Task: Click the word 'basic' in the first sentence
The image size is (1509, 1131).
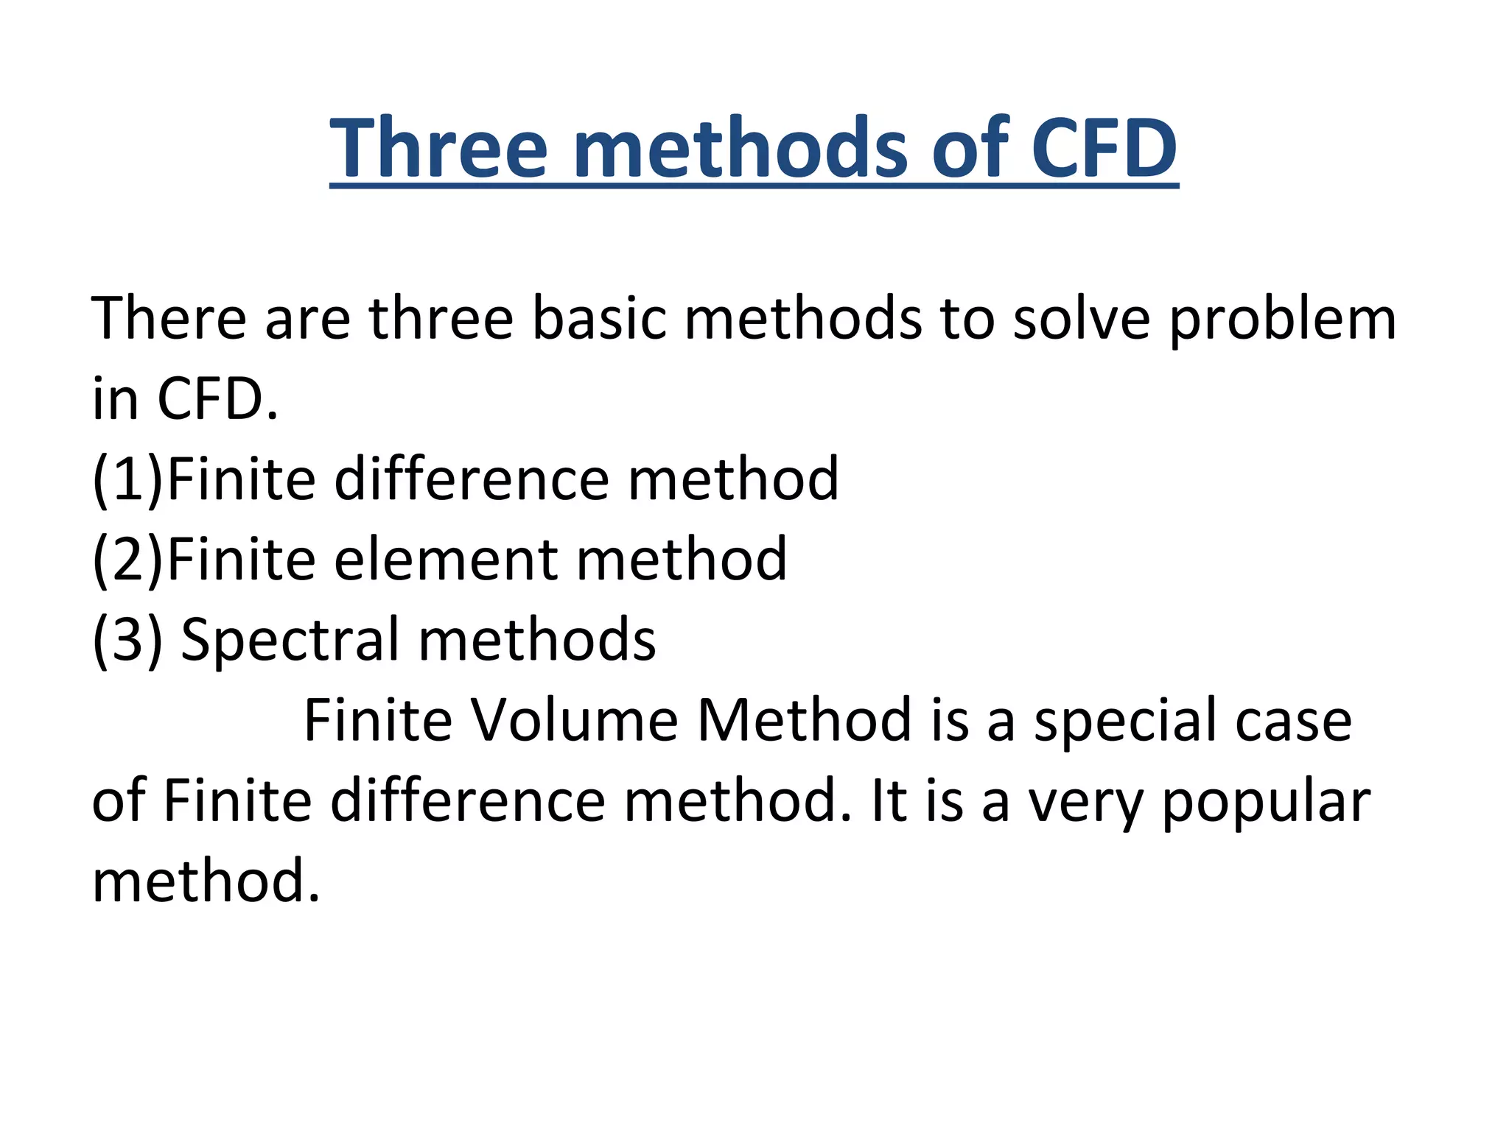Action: pos(598,318)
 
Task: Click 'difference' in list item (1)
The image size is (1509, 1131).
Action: pos(472,479)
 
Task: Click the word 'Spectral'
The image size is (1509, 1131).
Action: pos(290,640)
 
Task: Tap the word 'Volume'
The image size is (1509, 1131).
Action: pos(575,720)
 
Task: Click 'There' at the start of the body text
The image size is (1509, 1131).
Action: pos(169,318)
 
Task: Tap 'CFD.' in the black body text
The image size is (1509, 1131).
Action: pos(218,399)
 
